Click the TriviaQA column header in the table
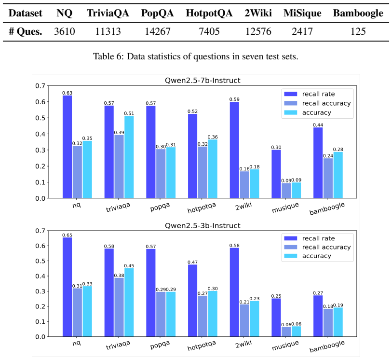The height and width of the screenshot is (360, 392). [x=108, y=13]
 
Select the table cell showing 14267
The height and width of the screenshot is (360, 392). [x=158, y=31]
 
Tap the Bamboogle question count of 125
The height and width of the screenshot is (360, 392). [x=358, y=31]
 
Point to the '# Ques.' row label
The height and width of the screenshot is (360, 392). [x=25, y=31]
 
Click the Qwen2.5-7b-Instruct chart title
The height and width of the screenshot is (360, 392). [x=203, y=80]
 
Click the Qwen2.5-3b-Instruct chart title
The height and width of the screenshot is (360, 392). [x=203, y=225]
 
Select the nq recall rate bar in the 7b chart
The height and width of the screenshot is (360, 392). [x=67, y=147]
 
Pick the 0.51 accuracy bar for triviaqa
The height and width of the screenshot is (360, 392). [x=129, y=157]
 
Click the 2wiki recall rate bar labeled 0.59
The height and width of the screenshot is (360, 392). [x=234, y=150]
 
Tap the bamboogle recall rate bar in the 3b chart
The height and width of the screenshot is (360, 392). [x=318, y=316]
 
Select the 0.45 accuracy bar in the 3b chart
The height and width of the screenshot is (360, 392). [x=129, y=302]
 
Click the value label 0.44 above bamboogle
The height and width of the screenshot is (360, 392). [x=318, y=125]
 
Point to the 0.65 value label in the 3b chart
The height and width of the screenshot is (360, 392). [x=67, y=235]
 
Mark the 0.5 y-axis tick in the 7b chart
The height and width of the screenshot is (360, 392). [x=40, y=118]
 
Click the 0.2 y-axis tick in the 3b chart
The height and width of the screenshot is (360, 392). [x=40, y=306]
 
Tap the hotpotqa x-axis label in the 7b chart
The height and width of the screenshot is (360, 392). [x=202, y=208]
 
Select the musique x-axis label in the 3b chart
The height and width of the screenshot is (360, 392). [x=285, y=346]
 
